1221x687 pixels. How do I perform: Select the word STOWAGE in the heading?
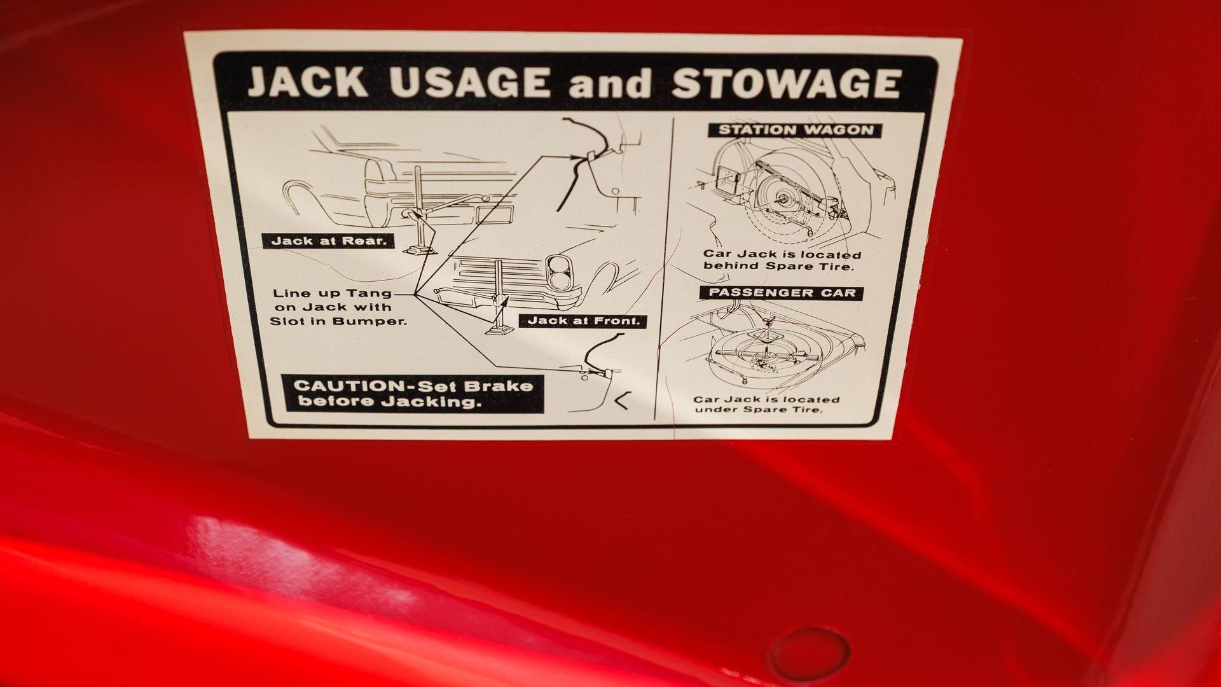pyautogui.click(x=786, y=82)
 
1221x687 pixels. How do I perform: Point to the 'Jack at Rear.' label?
pyautogui.click(x=326, y=241)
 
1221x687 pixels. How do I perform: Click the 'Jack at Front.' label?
pyautogui.click(x=583, y=321)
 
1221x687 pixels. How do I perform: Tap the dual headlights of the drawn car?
pyautogui.click(x=560, y=272)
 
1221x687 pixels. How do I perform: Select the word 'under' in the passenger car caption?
pyautogui.click(x=715, y=409)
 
